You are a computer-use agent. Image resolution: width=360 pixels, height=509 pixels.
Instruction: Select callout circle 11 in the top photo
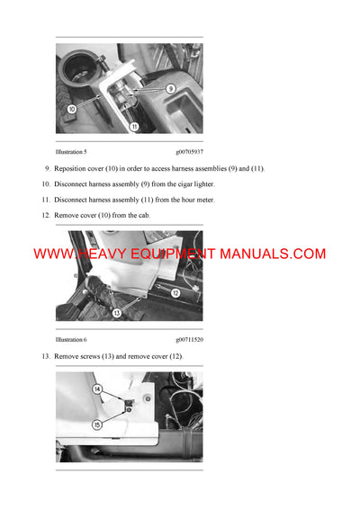pyautogui.click(x=134, y=128)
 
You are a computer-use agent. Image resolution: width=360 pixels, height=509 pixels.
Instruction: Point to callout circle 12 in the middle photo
pyautogui.click(x=175, y=293)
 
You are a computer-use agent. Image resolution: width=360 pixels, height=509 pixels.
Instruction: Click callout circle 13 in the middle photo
pyautogui.click(x=117, y=313)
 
